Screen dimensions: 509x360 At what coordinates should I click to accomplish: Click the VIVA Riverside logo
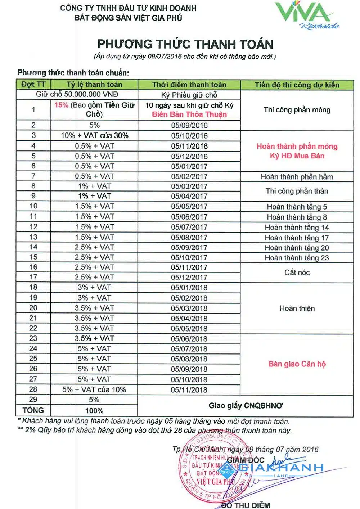pos(307,15)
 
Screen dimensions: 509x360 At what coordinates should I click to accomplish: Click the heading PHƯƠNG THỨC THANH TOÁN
pos(185,44)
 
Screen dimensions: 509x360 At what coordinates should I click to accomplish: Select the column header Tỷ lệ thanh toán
pos(94,85)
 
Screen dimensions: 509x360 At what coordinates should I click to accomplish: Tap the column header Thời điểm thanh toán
pos(189,85)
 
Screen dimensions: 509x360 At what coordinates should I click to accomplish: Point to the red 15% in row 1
pos(61,105)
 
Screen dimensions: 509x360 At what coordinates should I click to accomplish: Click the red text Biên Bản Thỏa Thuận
pos(189,114)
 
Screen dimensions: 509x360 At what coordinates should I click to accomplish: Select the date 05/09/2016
pos(189,125)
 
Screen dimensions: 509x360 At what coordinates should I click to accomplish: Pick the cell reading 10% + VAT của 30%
pos(94,136)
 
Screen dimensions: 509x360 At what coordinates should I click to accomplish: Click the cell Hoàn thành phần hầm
pos(297,177)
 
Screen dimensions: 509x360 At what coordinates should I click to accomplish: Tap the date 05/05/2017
pos(189,207)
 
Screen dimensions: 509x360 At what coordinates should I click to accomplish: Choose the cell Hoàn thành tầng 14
pos(297,228)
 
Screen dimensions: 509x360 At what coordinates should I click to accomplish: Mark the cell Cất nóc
pos(297,272)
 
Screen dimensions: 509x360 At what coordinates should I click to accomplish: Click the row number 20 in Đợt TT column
pos(33,308)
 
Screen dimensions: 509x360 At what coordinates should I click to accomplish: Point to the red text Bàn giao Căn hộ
pos(297,364)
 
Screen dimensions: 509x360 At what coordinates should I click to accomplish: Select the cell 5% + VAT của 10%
pos(94,389)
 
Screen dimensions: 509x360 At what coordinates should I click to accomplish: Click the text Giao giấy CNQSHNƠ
pos(246,406)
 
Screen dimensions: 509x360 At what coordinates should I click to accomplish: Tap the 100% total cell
pos(94,411)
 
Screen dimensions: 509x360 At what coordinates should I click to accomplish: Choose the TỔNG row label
pos(33,410)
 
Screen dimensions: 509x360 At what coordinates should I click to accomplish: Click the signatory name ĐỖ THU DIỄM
pos(246,505)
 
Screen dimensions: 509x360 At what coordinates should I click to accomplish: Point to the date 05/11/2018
pos(189,390)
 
